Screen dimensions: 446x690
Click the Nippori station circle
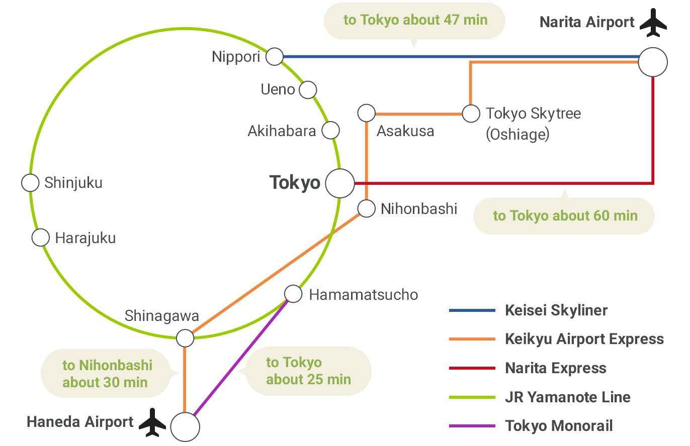(x=275, y=57)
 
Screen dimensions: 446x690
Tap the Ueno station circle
(x=308, y=90)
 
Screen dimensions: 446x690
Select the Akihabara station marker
(x=330, y=130)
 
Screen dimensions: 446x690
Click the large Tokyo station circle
(x=340, y=183)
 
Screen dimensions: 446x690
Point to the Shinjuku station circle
(x=30, y=183)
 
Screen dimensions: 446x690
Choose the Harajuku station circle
(x=41, y=237)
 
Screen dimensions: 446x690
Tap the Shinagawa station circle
(x=185, y=338)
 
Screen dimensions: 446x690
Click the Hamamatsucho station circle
(x=293, y=293)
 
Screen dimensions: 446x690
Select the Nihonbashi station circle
(x=367, y=208)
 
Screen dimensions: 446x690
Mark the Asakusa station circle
(x=367, y=113)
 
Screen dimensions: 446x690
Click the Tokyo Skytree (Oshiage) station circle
(x=471, y=114)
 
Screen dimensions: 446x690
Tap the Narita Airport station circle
(x=653, y=62)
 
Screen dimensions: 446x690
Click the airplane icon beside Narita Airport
(x=653, y=23)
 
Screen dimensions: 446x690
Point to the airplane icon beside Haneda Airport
(x=152, y=422)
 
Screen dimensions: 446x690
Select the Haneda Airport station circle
(x=185, y=427)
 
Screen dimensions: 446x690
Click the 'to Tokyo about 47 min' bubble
(x=414, y=21)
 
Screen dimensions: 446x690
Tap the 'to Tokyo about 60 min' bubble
(x=564, y=216)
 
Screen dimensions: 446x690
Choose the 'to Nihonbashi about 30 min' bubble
(x=107, y=373)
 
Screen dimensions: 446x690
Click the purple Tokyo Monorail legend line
(x=472, y=426)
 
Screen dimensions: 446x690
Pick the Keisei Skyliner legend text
(x=556, y=310)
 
